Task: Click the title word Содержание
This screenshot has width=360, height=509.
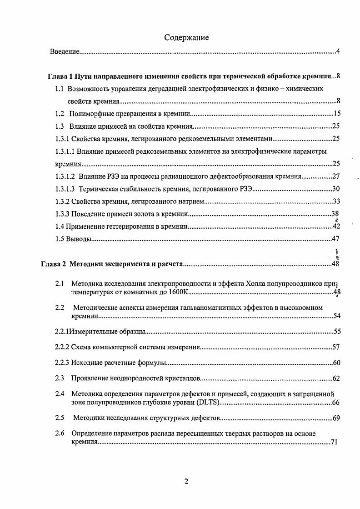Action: [186, 38]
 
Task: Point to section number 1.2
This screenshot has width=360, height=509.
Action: [60, 114]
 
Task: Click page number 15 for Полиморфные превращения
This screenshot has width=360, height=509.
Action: [337, 114]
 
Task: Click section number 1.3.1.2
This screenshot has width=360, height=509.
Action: [65, 176]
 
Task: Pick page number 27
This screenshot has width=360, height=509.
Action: [337, 176]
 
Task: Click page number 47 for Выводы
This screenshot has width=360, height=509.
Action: [337, 238]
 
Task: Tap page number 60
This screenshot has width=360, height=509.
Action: [337, 363]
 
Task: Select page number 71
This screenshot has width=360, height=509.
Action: [334, 442]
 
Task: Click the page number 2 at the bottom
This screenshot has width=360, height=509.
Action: [186, 482]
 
